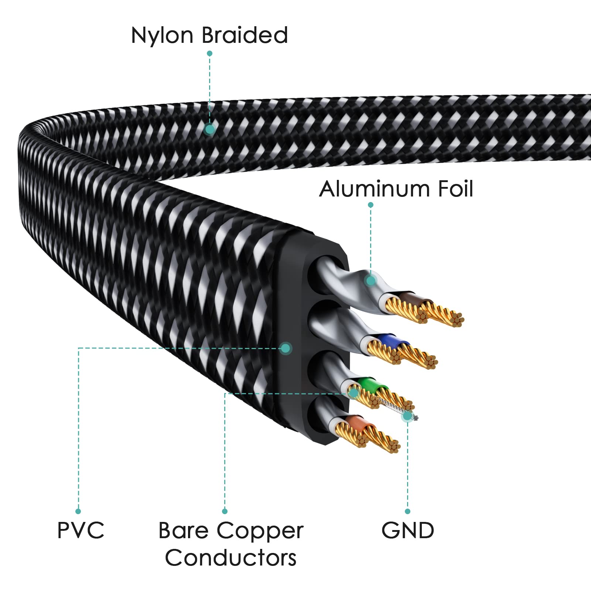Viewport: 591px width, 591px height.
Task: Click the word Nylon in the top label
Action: pyautogui.click(x=162, y=36)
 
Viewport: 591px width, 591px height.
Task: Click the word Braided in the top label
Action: pyautogui.click(x=245, y=35)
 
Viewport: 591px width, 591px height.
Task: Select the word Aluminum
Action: pyautogui.click(x=373, y=189)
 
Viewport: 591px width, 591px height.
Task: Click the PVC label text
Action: pyautogui.click(x=81, y=530)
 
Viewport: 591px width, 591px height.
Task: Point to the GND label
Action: pyautogui.click(x=408, y=530)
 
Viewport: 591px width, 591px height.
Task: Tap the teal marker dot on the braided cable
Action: pyautogui.click(x=210, y=129)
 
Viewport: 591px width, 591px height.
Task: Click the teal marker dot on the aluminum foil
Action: pyautogui.click(x=370, y=281)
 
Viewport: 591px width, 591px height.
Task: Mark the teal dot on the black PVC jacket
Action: pyautogui.click(x=285, y=348)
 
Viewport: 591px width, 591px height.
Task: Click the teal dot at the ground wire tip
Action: pyautogui.click(x=407, y=416)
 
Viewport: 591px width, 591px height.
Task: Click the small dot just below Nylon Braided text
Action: pyautogui.click(x=209, y=54)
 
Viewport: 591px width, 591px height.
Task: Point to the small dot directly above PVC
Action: pyautogui.click(x=78, y=511)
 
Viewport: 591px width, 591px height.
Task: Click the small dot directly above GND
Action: pyautogui.click(x=407, y=511)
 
